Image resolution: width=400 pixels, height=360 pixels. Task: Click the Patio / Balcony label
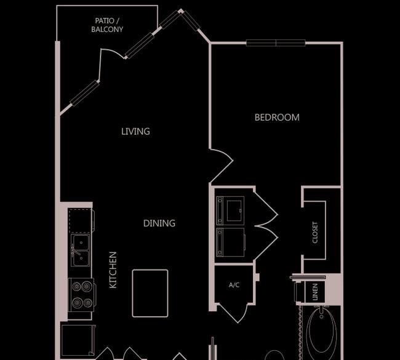point(107,25)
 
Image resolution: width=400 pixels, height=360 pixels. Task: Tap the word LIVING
point(135,132)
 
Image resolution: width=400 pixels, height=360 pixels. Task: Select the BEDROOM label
point(277,118)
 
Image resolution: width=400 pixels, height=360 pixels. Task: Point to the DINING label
point(159,223)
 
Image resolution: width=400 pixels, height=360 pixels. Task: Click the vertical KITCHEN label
point(113,270)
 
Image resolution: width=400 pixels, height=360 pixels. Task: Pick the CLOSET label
point(315,233)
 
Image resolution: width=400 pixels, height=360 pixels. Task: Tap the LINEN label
point(315,292)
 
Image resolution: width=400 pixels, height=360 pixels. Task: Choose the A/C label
point(234,285)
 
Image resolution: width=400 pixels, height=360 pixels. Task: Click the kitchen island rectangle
point(150,293)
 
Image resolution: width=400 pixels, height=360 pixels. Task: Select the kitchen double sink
point(81,250)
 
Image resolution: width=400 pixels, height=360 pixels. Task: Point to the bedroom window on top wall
point(276,43)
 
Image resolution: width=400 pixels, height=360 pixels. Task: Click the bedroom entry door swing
point(221,166)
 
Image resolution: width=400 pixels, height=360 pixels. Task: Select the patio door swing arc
point(113,52)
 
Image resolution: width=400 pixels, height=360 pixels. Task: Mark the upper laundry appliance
point(230,210)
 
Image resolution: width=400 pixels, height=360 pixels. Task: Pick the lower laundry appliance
point(230,242)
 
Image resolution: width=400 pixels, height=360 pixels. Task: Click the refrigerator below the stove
point(78,340)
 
